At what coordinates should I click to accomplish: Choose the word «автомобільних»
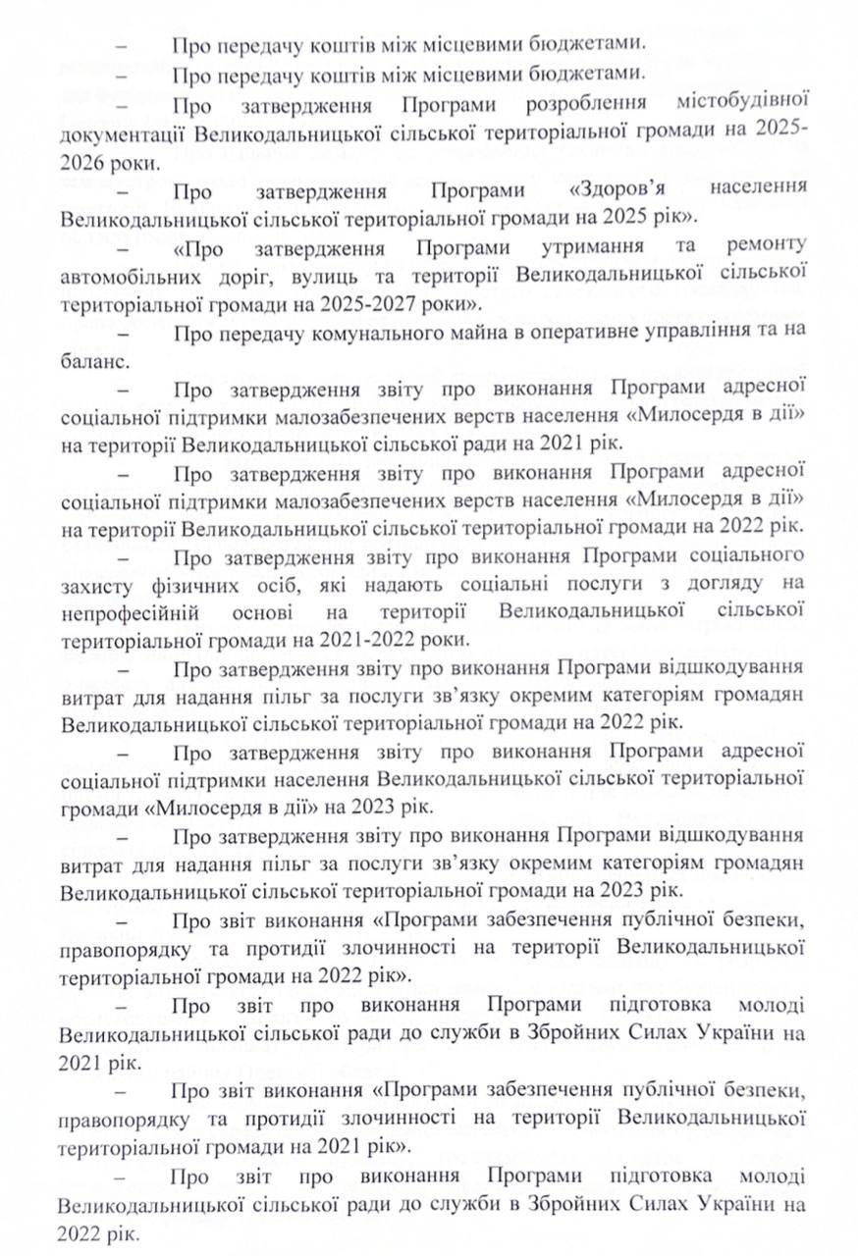pos(127,270)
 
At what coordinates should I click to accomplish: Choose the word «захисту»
pos(93,585)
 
